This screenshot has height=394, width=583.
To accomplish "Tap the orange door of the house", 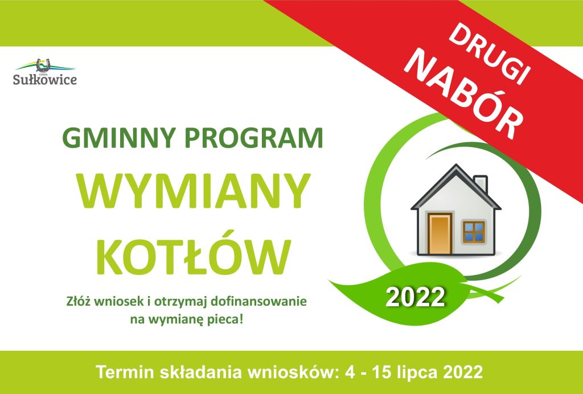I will click(x=440, y=233).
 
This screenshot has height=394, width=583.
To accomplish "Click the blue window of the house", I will click(x=473, y=231).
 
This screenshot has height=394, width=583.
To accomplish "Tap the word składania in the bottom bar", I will click(x=203, y=372).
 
